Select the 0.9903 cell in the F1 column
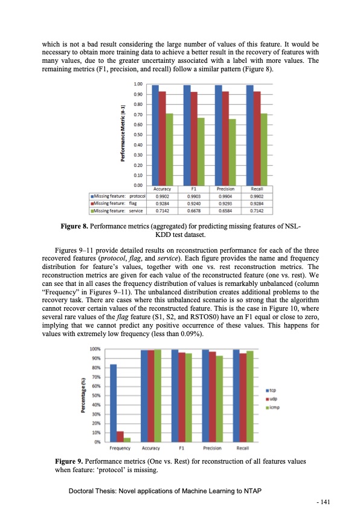193,196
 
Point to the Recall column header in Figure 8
257,189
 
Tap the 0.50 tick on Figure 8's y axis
138,135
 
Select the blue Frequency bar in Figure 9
114,403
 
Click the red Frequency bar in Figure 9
120,436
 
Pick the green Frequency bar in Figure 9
127,439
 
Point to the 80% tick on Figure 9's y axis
95,368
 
